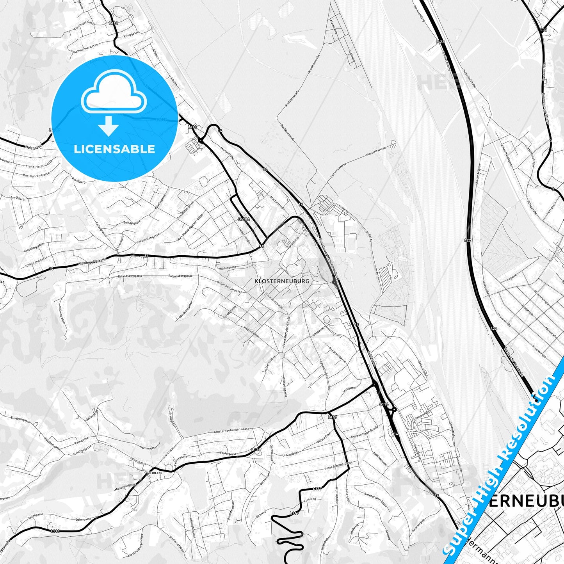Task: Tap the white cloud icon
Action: pyautogui.click(x=114, y=94)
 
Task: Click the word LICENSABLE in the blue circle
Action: pyautogui.click(x=114, y=149)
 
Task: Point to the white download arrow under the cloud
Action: pyautogui.click(x=109, y=126)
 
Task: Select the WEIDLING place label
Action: pyautogui.click(x=155, y=473)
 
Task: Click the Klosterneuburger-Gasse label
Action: pyautogui.click(x=232, y=431)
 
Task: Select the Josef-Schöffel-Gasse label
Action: pyautogui.click(x=338, y=466)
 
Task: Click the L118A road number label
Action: pyautogui.click(x=244, y=219)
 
